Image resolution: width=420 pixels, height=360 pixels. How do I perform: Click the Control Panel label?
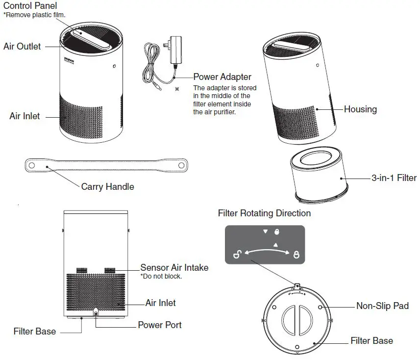tap(30, 6)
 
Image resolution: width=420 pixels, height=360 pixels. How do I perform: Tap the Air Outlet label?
tap(22, 47)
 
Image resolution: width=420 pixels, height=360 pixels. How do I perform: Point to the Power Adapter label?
tap(222, 77)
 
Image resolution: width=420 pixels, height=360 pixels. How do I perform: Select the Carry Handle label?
tap(107, 186)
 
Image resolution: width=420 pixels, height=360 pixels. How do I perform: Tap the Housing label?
tap(360, 109)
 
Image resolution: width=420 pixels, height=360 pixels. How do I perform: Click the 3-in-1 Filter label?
tap(394, 178)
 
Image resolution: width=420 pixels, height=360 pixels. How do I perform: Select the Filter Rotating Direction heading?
tap(264, 213)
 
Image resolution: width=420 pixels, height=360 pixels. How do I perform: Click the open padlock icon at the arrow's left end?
tap(236, 254)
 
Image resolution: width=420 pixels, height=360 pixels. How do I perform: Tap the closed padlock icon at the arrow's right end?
tap(296, 255)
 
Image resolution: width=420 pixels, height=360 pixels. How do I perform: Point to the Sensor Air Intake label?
tap(174, 268)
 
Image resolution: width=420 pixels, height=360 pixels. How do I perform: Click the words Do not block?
tap(161, 277)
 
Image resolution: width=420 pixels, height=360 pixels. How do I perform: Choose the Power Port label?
tap(160, 325)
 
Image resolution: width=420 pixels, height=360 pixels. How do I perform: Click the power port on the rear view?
tap(95, 312)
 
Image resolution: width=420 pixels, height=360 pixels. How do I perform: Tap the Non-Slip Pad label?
tap(382, 306)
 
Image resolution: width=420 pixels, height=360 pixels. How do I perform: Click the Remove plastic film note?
tap(34, 15)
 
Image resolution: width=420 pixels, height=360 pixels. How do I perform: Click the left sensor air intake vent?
tap(81, 270)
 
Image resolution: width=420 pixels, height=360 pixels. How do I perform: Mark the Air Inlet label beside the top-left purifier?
tap(25, 116)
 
